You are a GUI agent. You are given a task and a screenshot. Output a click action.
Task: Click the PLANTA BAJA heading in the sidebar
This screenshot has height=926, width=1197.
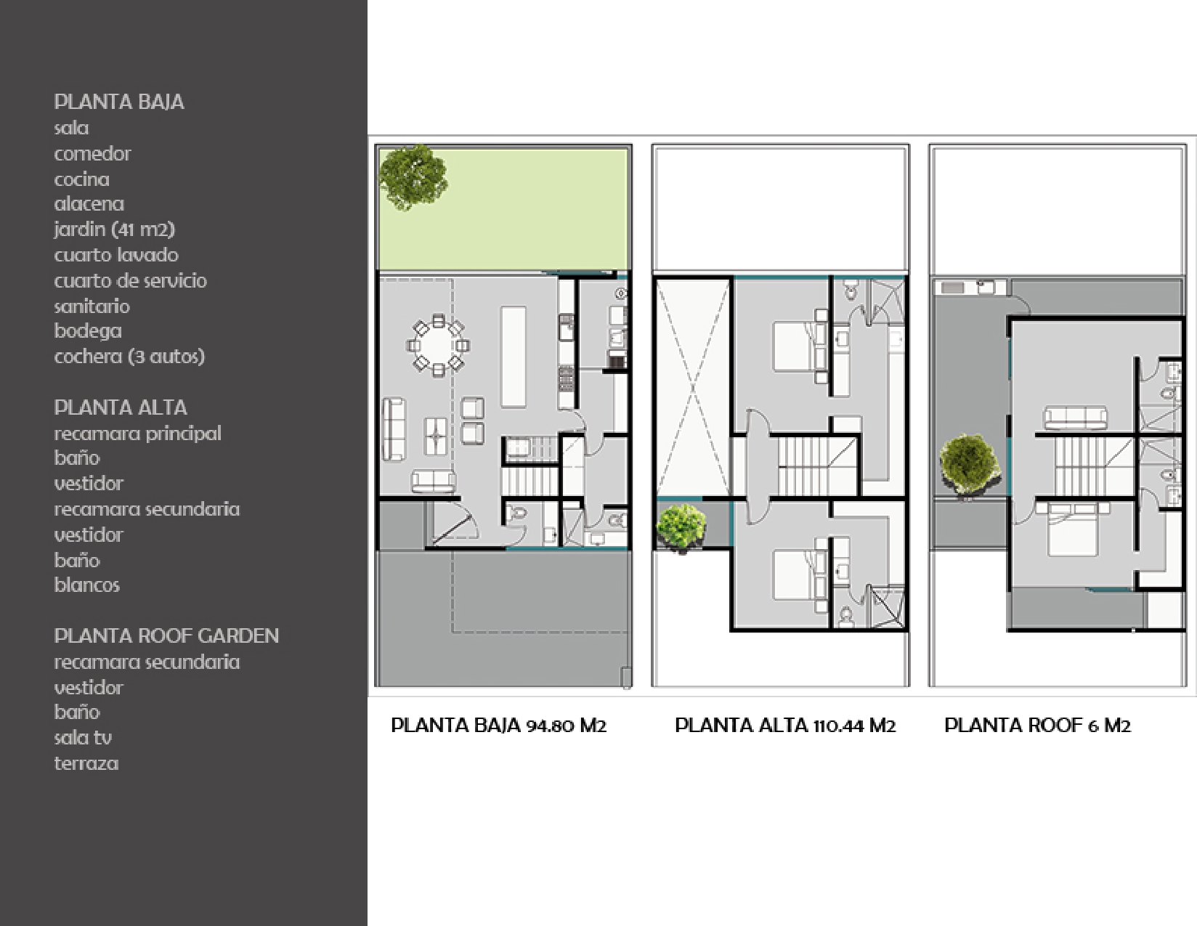click(119, 102)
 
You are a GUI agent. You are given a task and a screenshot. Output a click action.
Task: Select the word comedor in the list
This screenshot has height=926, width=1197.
click(92, 153)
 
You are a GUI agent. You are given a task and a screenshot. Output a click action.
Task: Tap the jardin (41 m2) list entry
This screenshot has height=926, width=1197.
click(115, 230)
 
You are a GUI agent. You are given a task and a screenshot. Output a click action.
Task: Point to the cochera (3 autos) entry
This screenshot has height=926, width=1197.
click(129, 357)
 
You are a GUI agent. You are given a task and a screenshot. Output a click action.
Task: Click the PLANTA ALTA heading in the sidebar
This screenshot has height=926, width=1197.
click(121, 407)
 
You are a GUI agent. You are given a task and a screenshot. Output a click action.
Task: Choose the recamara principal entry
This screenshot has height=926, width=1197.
click(138, 434)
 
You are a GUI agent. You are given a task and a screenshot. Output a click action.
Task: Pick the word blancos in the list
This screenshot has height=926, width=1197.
click(87, 585)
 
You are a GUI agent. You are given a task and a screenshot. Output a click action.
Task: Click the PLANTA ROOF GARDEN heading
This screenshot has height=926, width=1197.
click(166, 636)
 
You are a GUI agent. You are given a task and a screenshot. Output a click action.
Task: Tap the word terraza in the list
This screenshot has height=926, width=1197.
click(86, 763)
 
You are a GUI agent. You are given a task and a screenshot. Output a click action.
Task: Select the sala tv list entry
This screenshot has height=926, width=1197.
click(83, 738)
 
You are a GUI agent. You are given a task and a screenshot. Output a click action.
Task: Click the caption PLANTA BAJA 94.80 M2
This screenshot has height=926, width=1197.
click(498, 726)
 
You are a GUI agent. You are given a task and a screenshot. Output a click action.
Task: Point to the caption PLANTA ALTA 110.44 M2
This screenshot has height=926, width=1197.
click(785, 726)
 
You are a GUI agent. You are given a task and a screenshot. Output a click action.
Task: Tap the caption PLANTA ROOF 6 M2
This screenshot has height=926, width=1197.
click(1038, 726)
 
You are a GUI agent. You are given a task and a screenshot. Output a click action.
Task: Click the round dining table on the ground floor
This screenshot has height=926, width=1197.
click(438, 346)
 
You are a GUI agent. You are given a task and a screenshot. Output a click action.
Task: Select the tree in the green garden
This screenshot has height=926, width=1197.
click(413, 177)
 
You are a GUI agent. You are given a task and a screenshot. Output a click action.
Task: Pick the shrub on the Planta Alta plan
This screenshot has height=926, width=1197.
click(681, 528)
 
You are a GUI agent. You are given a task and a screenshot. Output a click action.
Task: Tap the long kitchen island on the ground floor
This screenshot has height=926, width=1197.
click(513, 357)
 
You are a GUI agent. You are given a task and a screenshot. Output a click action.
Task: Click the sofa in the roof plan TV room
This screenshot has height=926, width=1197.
click(1075, 418)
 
